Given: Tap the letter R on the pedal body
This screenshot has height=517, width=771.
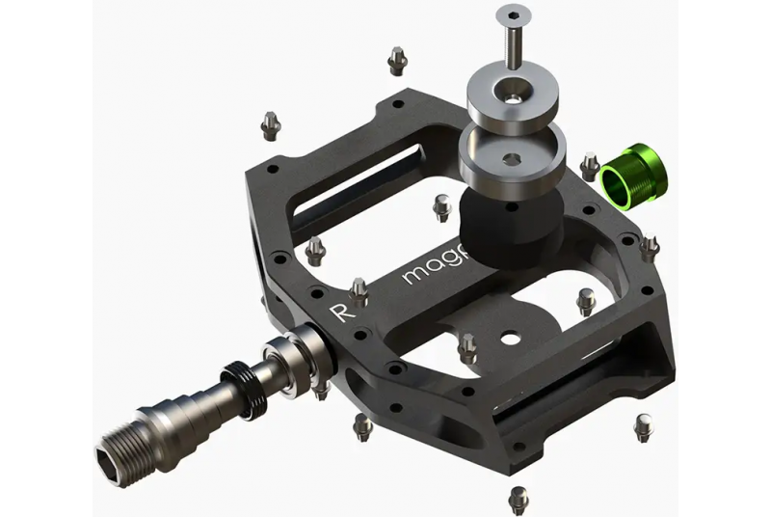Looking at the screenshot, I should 338,312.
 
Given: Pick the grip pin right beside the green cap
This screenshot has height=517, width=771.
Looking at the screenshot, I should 590,166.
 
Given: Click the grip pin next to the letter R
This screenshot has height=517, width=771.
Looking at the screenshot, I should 359,290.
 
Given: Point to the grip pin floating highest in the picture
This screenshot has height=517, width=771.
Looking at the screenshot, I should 396,62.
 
